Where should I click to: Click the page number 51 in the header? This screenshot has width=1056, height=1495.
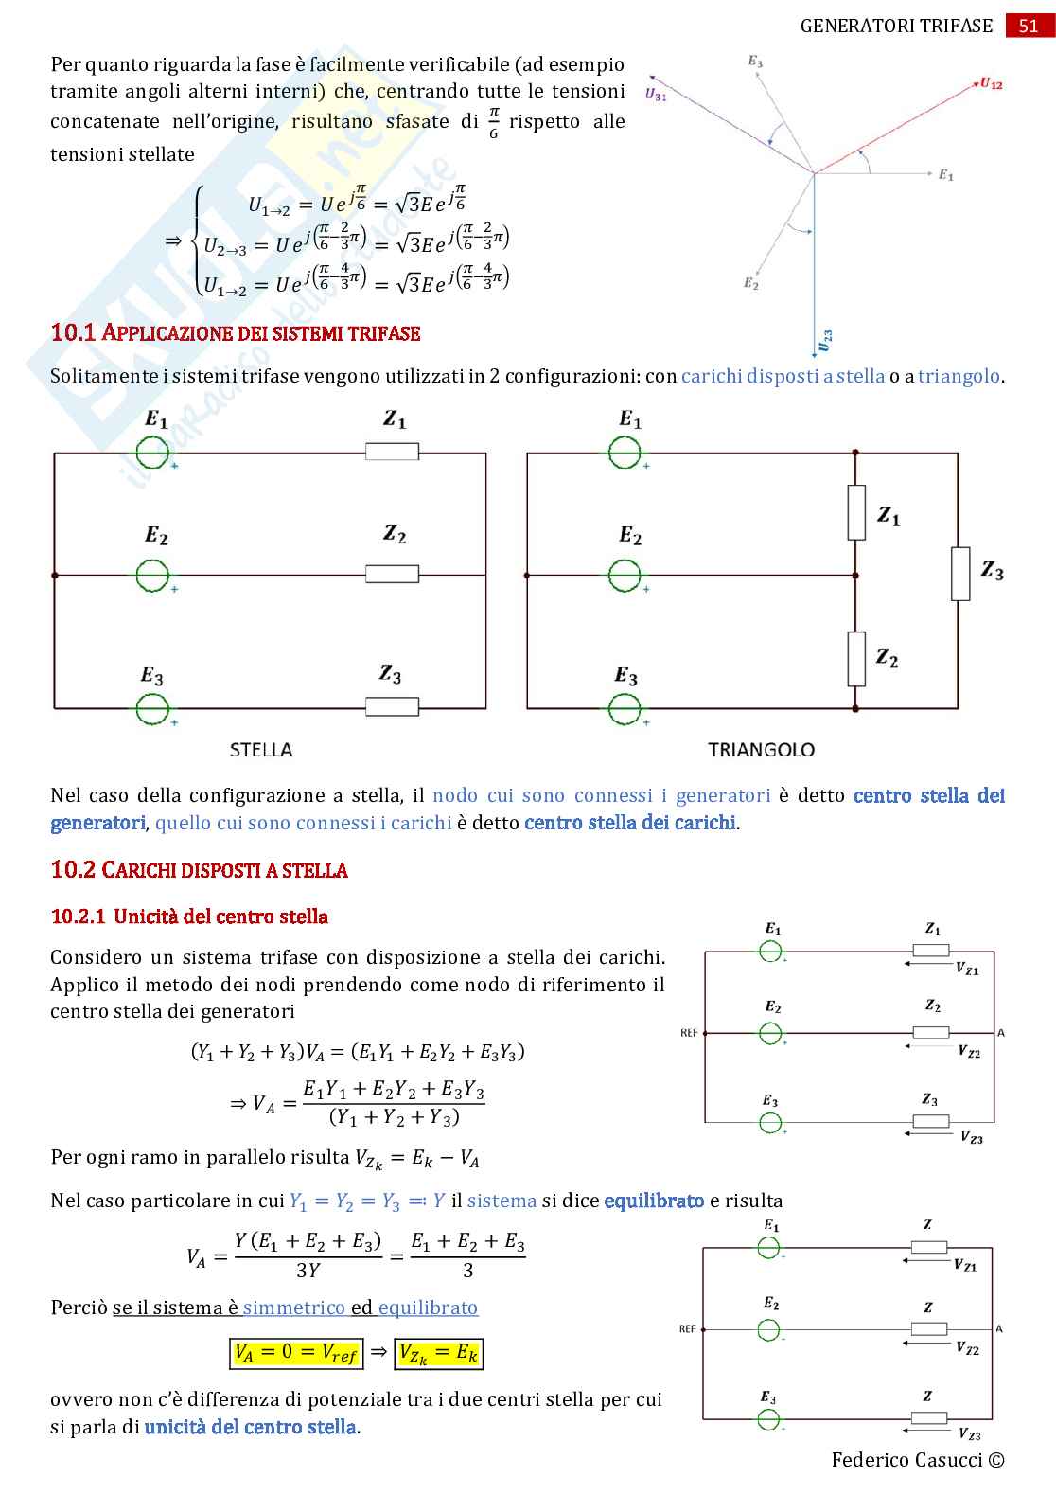(1029, 26)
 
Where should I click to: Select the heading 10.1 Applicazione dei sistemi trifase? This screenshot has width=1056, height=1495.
(235, 333)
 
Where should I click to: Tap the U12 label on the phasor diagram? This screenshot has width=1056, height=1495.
(991, 83)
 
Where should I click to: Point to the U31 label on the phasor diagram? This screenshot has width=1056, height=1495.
(656, 95)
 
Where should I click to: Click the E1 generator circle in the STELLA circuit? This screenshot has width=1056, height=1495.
(152, 453)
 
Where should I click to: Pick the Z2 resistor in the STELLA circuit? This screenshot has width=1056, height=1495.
(392, 574)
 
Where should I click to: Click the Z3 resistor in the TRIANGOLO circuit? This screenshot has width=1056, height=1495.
(960, 574)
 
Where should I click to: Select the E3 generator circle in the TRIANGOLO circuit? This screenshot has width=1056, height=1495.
(625, 708)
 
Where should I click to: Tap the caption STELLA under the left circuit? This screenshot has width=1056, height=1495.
(261, 750)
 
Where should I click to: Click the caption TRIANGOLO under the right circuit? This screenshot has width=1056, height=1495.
(761, 750)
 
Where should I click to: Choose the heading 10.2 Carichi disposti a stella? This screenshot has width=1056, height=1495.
(199, 870)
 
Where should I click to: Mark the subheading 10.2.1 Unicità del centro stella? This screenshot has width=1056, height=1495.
(189, 917)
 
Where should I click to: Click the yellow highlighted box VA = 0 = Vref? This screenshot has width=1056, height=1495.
(296, 1352)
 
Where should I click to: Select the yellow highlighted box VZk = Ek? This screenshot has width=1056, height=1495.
(439, 1352)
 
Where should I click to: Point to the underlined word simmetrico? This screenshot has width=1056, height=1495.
(293, 1308)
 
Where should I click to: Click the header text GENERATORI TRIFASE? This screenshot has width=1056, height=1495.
(896, 26)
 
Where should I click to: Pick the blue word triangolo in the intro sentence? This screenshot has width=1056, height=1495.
(959, 376)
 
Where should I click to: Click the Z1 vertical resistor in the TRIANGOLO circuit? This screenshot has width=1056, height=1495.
(856, 512)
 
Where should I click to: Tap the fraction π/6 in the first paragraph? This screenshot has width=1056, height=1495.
(493, 122)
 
